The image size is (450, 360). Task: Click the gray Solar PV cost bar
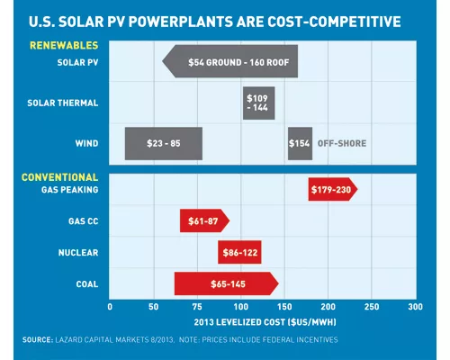230,61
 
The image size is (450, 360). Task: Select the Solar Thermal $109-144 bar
258,103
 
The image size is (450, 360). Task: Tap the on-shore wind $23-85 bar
164,143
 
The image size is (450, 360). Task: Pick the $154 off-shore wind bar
300,143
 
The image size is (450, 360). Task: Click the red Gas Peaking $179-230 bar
333,189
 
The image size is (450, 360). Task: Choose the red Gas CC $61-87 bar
204,220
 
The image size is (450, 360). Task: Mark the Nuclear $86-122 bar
239,252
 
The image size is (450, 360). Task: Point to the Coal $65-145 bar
227,283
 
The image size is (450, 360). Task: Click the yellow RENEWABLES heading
64,45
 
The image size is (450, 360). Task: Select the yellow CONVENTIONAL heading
59,177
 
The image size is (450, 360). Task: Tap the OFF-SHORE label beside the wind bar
342,143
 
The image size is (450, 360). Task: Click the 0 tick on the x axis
110,307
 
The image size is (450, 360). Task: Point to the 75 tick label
197,307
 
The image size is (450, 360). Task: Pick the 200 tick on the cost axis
328,307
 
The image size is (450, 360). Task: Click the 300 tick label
415,307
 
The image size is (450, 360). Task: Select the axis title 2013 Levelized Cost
265,322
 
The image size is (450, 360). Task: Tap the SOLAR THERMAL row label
63,103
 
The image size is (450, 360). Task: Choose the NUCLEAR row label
78,253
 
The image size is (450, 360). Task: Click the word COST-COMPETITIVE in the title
334,22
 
